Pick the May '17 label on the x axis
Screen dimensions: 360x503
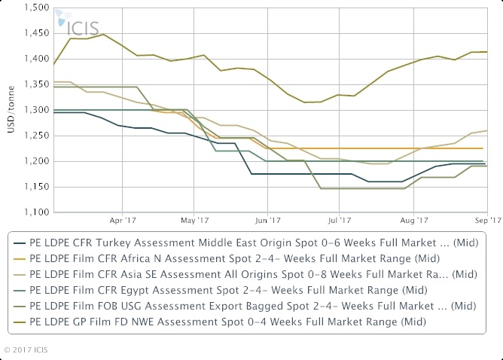pyautogui.click(x=195, y=221)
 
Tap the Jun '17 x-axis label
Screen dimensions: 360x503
pyautogui.click(x=268, y=221)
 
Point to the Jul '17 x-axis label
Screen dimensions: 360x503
pyautogui.click(x=340, y=221)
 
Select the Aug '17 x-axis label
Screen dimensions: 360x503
pyautogui.click(x=413, y=221)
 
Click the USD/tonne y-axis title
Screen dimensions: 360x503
pyautogui.click(x=11, y=110)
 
